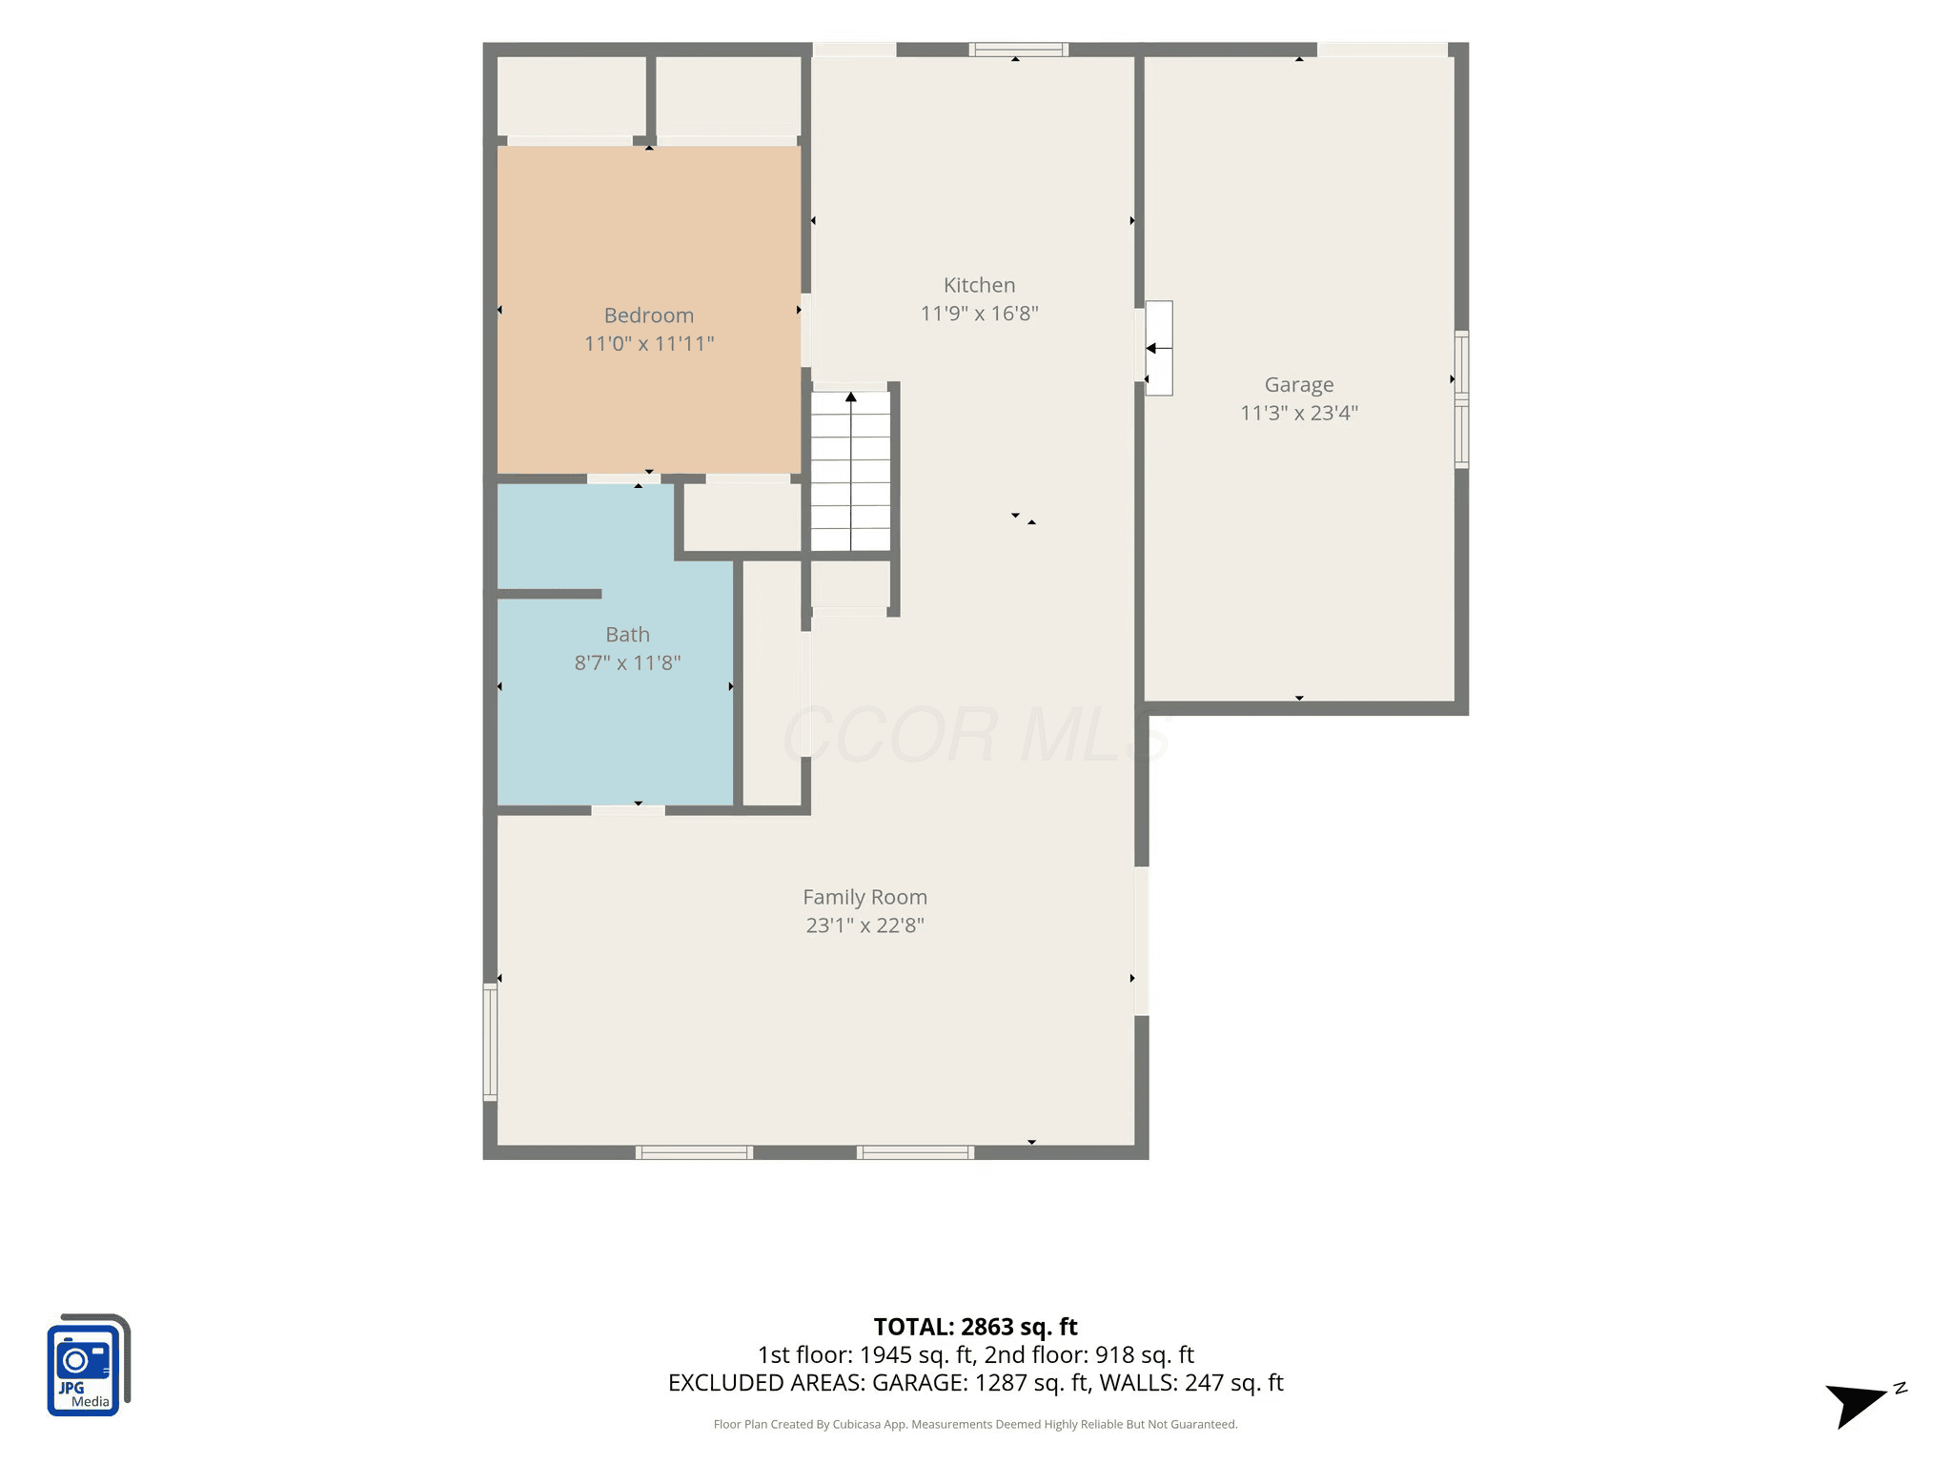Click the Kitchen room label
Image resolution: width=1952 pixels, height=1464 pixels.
tap(979, 285)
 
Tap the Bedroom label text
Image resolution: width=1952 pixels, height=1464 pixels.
tap(649, 315)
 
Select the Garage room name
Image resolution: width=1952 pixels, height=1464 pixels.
tap(1299, 385)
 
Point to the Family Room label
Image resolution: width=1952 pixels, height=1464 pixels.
tap(864, 897)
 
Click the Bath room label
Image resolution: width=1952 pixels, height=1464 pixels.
tap(627, 635)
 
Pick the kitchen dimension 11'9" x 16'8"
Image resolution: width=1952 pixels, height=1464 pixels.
tap(979, 314)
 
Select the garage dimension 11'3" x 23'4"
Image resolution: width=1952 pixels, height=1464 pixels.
tap(1299, 413)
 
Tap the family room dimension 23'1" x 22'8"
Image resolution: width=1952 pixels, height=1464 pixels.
tap(864, 925)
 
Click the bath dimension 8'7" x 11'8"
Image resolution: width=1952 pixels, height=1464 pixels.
tap(627, 663)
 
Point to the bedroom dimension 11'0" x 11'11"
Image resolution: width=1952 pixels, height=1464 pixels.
tap(649, 344)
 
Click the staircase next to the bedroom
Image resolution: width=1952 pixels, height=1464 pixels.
tap(850, 471)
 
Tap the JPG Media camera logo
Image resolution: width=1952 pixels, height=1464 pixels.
tap(88, 1365)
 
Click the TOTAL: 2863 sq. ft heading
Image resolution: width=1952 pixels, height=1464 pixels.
tap(975, 1327)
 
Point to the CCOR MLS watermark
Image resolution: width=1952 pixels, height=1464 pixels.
tap(975, 735)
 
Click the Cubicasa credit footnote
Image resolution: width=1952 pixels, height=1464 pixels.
tap(975, 1425)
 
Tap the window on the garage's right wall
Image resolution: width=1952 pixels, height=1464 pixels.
tap(1461, 399)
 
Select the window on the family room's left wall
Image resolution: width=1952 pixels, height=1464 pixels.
tap(490, 1043)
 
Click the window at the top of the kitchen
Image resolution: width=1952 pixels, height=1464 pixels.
tap(1019, 50)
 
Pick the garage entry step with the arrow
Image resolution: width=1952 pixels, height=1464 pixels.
tap(1159, 348)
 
